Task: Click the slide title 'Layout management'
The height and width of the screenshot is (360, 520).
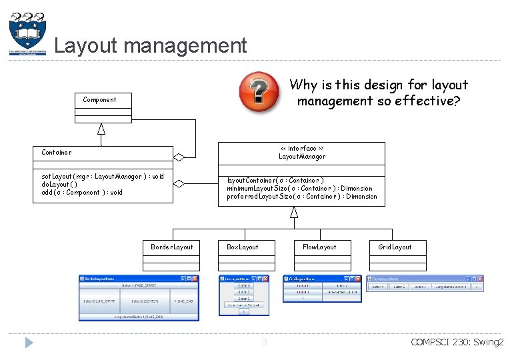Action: (x=150, y=45)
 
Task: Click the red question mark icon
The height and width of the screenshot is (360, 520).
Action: (x=259, y=91)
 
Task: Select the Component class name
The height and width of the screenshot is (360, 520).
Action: (x=99, y=100)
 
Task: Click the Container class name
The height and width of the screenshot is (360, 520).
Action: (x=57, y=153)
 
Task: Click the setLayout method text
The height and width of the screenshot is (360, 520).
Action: (x=102, y=177)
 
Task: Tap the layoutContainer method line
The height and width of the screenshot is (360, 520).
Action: (x=275, y=181)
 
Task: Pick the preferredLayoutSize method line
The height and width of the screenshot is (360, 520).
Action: (x=301, y=197)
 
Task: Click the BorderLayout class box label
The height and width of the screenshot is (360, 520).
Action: (x=171, y=247)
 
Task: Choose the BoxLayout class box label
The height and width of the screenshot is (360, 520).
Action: (x=242, y=247)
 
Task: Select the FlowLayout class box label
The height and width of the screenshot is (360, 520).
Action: (x=319, y=247)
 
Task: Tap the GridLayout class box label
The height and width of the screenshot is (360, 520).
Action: (x=395, y=247)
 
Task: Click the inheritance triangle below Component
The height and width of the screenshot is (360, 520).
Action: (x=101, y=129)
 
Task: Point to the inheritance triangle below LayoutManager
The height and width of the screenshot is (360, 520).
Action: (x=293, y=212)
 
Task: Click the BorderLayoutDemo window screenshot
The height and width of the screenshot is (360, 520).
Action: (x=139, y=297)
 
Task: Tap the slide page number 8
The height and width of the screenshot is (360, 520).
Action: (x=264, y=343)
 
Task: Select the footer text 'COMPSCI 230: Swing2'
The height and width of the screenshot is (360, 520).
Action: (x=457, y=343)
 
